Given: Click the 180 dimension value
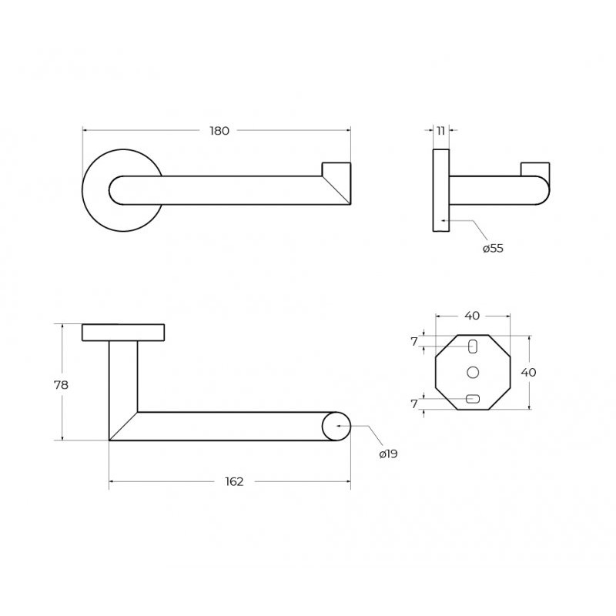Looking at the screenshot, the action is [x=219, y=131].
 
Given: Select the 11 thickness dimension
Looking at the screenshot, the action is [x=440, y=131].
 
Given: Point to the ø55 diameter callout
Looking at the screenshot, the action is [x=493, y=248].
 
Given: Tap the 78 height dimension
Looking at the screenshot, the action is [x=62, y=385].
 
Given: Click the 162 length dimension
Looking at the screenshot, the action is [x=235, y=482].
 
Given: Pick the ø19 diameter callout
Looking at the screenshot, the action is [x=389, y=454].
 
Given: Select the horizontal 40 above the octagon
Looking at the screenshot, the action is [x=472, y=316].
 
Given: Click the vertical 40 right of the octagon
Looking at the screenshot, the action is [x=528, y=373].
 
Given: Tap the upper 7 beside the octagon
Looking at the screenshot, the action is [x=414, y=342].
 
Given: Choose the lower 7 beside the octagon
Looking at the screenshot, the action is [x=414, y=403].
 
